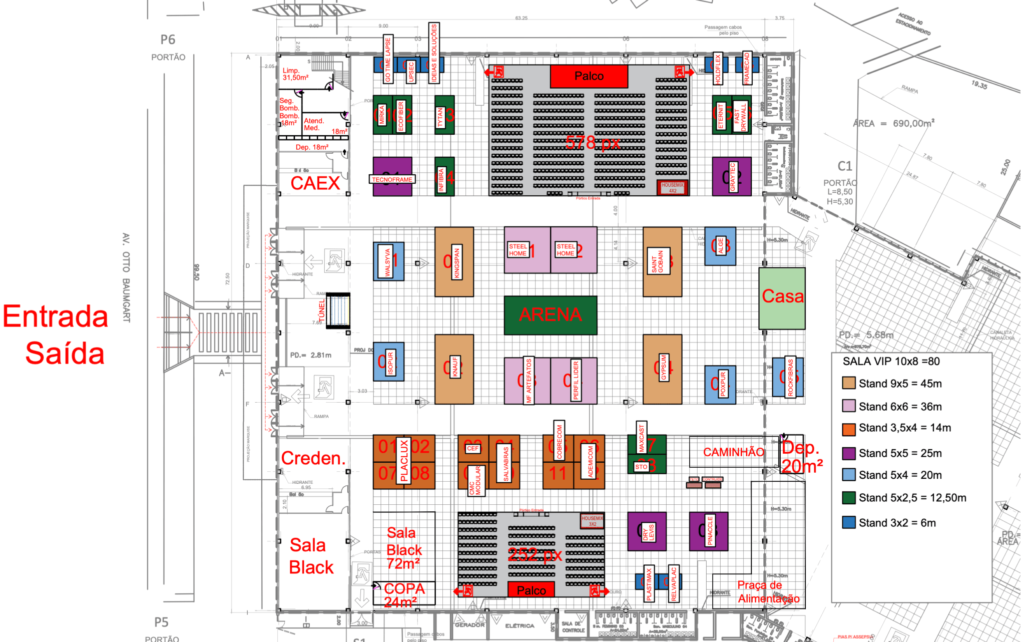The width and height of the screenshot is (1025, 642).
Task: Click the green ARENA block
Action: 550,314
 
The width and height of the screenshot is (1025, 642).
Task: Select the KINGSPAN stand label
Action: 456,262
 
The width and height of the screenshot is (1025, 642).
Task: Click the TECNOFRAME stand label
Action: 392,179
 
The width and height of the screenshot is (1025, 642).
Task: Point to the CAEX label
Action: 315,183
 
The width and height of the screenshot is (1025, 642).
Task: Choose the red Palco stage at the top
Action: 589,76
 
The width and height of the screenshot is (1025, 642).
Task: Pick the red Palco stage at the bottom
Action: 531,590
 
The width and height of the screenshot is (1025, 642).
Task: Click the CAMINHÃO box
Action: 733,452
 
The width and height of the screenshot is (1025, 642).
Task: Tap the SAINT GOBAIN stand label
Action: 657,262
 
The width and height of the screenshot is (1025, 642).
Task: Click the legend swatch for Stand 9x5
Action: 848,384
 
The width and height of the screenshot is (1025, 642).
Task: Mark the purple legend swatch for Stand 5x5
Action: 848,453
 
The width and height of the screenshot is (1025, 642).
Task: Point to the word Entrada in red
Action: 56,316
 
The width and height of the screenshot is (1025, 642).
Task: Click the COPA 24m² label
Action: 404,594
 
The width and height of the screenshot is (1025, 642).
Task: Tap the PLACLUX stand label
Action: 404,461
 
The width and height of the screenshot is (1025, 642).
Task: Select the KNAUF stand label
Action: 455,367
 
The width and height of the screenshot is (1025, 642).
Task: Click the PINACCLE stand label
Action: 710,531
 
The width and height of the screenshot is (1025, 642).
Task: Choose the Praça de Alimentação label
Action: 768,592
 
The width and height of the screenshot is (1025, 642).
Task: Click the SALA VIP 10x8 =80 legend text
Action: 891,362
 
